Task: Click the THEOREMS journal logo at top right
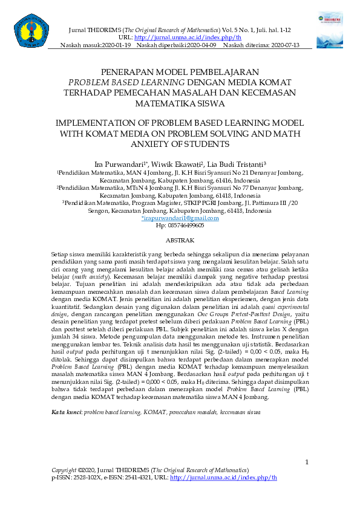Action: pyautogui.click(x=329, y=30)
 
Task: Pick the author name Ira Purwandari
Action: pyautogui.click(x=120, y=164)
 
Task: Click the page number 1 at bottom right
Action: pyautogui.click(x=307, y=462)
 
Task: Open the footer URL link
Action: pyautogui.click(x=223, y=478)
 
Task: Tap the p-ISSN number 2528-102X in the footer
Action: pyautogui.click(x=87, y=478)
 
